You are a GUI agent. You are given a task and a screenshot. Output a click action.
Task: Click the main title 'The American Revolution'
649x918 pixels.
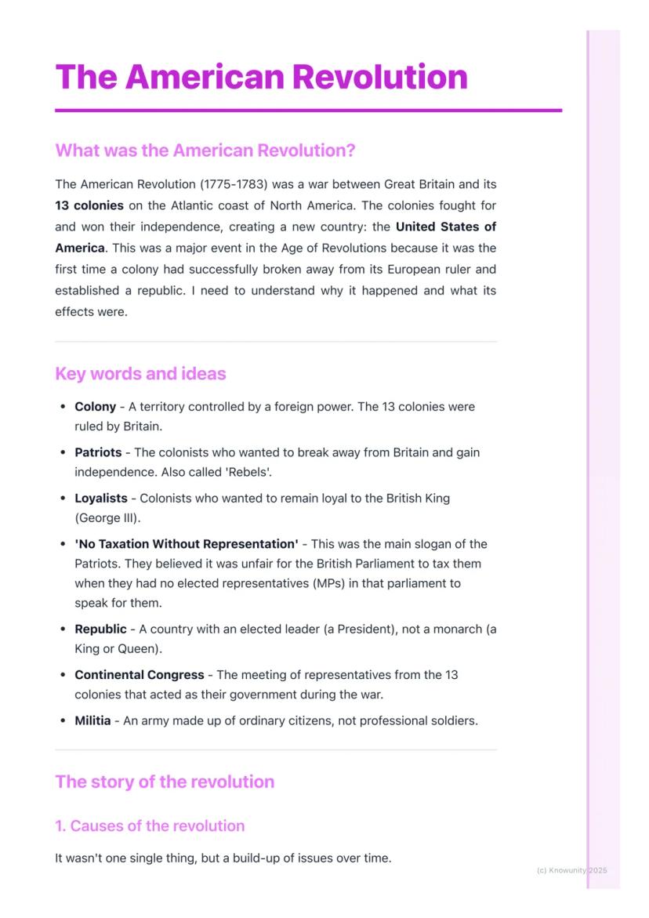(261, 77)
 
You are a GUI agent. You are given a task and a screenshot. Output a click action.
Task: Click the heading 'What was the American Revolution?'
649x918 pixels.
(205, 150)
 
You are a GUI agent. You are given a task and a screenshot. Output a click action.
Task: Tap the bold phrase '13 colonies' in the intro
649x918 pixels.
(89, 205)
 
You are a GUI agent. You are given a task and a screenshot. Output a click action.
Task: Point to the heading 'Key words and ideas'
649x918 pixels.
(140, 374)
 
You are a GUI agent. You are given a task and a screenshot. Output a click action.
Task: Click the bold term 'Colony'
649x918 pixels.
(95, 407)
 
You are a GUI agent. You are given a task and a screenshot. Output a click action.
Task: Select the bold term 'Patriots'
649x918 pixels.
(98, 452)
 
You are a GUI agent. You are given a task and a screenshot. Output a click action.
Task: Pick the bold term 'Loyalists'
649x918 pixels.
(100, 498)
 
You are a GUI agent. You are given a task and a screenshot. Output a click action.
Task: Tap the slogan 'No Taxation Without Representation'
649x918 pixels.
(187, 544)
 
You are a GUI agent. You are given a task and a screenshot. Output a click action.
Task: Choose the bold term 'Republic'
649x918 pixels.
(100, 629)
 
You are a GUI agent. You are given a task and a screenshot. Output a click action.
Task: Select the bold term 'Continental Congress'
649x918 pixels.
(139, 674)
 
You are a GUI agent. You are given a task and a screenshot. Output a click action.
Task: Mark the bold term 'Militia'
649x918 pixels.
(92, 720)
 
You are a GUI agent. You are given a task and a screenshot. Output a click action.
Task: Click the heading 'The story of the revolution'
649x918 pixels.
(165, 782)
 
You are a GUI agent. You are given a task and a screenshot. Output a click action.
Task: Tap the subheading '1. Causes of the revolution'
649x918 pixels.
(150, 825)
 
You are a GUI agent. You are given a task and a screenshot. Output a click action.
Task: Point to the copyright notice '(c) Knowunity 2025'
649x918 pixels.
(571, 870)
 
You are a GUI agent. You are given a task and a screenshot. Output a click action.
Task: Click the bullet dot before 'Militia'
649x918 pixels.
(63, 720)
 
